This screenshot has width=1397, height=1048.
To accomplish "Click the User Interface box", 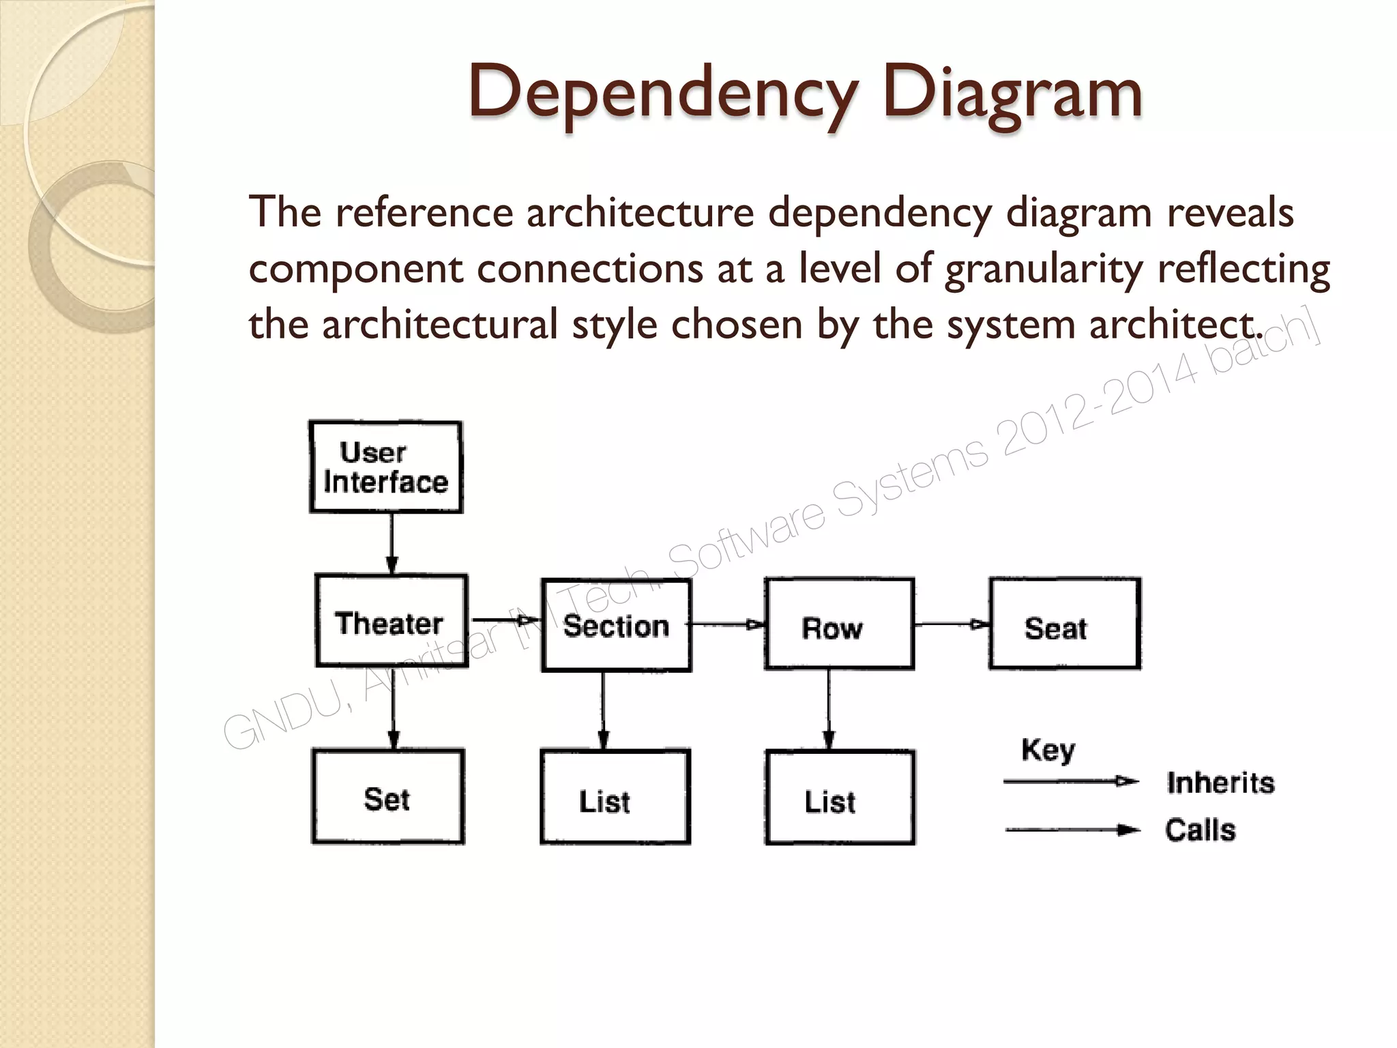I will [x=386, y=467].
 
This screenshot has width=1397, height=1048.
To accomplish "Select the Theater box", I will [x=392, y=621].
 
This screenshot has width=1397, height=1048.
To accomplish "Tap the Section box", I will [x=617, y=625].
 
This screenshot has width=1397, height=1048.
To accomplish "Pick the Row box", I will [x=839, y=624].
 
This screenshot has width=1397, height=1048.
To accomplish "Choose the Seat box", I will [x=1064, y=624].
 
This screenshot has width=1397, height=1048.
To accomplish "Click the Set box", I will [x=388, y=797].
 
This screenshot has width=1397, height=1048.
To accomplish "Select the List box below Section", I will [x=615, y=797].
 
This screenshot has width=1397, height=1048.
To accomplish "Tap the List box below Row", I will [x=840, y=798].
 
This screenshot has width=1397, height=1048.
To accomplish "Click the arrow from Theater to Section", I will [x=505, y=620].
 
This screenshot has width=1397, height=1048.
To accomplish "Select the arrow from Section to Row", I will [x=727, y=624].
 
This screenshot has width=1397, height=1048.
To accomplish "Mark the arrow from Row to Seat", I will [x=952, y=624].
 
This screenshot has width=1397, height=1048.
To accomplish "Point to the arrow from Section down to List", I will [x=603, y=710].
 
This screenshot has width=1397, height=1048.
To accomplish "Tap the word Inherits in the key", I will [x=1220, y=783].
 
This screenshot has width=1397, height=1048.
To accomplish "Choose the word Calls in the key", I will [x=1200, y=830].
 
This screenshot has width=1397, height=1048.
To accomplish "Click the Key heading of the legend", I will [x=1048, y=751].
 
